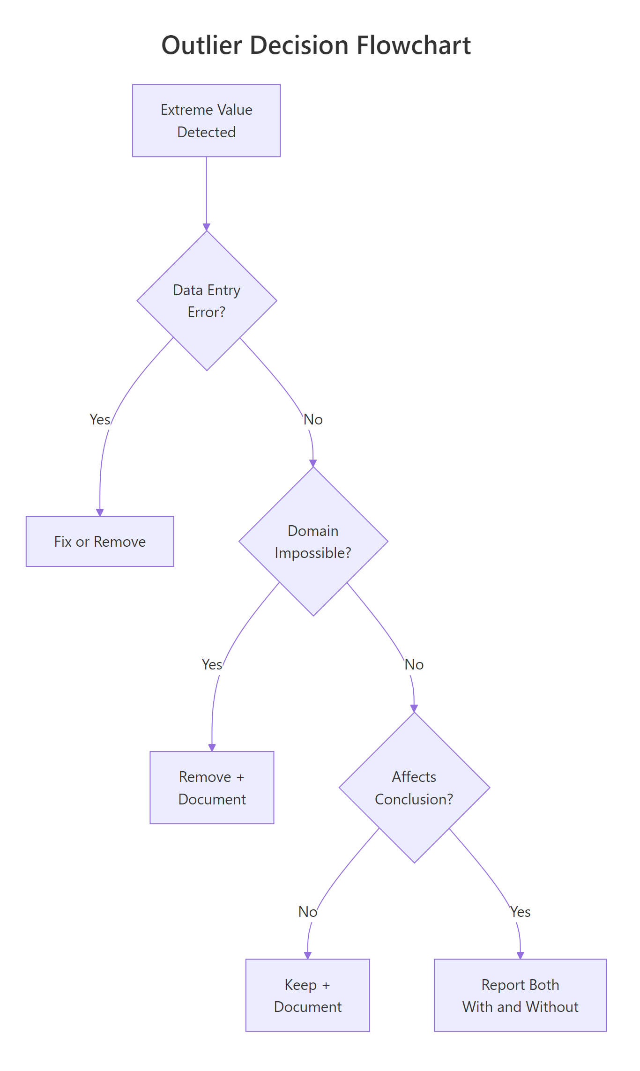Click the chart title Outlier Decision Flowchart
pos(316,45)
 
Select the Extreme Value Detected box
pos(206,120)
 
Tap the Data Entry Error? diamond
pos(207,301)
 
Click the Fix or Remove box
pos(100,542)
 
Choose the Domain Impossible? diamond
pos(313,542)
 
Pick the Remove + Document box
pos(212,788)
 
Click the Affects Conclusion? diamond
pos(414,788)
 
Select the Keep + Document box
pos(307,996)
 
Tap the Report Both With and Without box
pos(520,996)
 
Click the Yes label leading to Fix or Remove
pos(100,419)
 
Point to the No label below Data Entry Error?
pos(313,419)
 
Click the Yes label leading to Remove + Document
pos(212,664)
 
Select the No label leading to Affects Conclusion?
pos(414,664)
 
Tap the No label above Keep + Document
pos(308,912)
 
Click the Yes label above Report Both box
pos(520,912)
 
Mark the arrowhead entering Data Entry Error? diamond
pos(207,227)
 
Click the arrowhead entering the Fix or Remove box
pos(100,513)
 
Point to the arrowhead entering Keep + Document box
pos(308,956)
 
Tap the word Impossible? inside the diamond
pos(313,553)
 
